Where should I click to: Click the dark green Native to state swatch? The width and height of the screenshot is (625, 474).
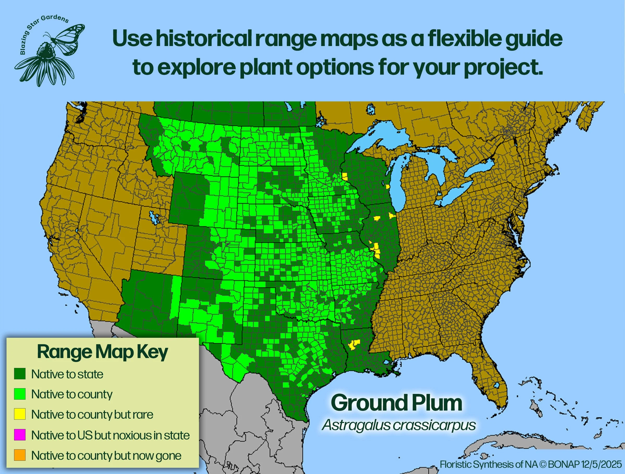coord(20,374)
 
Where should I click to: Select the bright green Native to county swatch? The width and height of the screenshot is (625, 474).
coord(20,394)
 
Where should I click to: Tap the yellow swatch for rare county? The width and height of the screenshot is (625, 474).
coord(20,414)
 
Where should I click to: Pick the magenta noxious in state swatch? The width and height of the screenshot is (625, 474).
coord(20,435)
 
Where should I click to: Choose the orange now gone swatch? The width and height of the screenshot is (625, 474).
coord(20,455)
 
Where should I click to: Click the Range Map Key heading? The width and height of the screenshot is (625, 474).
coord(103,352)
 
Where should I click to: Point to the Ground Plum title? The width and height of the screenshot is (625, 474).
coord(396,403)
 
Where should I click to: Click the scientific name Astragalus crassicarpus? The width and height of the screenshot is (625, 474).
coord(399,425)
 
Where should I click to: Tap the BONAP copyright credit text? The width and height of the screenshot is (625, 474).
coord(531,464)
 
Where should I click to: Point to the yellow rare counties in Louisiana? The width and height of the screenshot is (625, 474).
coord(354,344)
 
